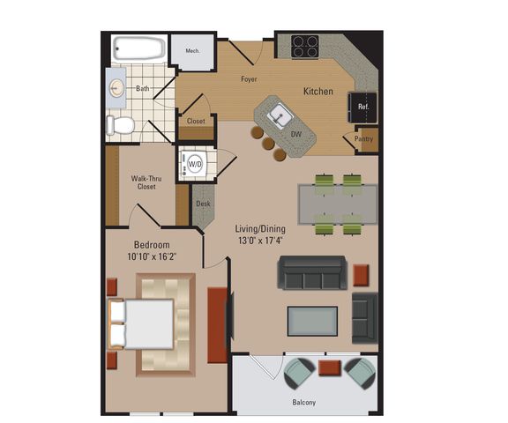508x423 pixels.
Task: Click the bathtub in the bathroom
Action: (x=139, y=48)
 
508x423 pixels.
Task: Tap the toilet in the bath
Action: (x=120, y=125)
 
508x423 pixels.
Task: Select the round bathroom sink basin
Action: (x=116, y=88)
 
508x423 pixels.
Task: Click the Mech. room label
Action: (x=192, y=51)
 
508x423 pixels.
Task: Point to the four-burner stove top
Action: (x=304, y=47)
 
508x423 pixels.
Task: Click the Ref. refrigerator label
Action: (x=363, y=107)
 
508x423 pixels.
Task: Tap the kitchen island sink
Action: (x=280, y=115)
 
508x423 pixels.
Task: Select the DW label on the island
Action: (x=296, y=134)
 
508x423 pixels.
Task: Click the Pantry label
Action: (x=364, y=139)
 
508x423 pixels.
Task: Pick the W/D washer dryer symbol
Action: (x=195, y=164)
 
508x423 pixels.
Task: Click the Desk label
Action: (x=203, y=204)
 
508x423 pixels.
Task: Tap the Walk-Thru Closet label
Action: (x=146, y=182)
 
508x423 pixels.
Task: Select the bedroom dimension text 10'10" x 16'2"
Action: (x=152, y=257)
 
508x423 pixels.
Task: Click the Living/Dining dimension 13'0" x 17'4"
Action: (x=260, y=241)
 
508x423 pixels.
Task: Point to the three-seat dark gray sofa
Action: (x=312, y=272)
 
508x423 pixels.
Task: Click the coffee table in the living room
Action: (x=312, y=322)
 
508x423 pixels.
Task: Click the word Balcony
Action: (x=304, y=402)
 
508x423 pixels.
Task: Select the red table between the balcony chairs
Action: (x=330, y=368)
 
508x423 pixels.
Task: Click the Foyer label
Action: (x=249, y=79)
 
